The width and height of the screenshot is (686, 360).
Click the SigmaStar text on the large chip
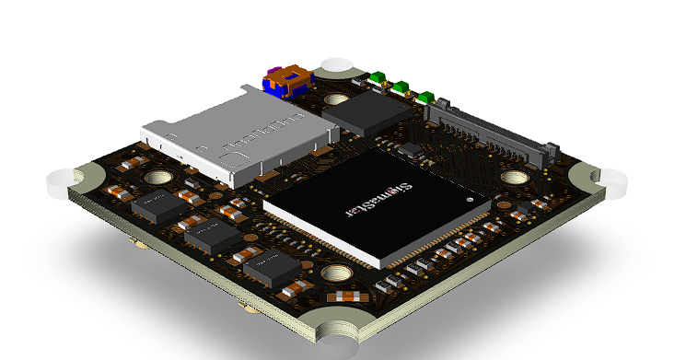[416, 196]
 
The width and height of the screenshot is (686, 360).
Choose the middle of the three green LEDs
[401, 87]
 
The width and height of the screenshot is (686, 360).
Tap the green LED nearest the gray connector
[424, 97]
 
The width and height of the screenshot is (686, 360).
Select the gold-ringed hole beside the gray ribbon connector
[512, 178]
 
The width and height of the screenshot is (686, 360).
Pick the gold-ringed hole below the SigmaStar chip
[337, 273]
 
